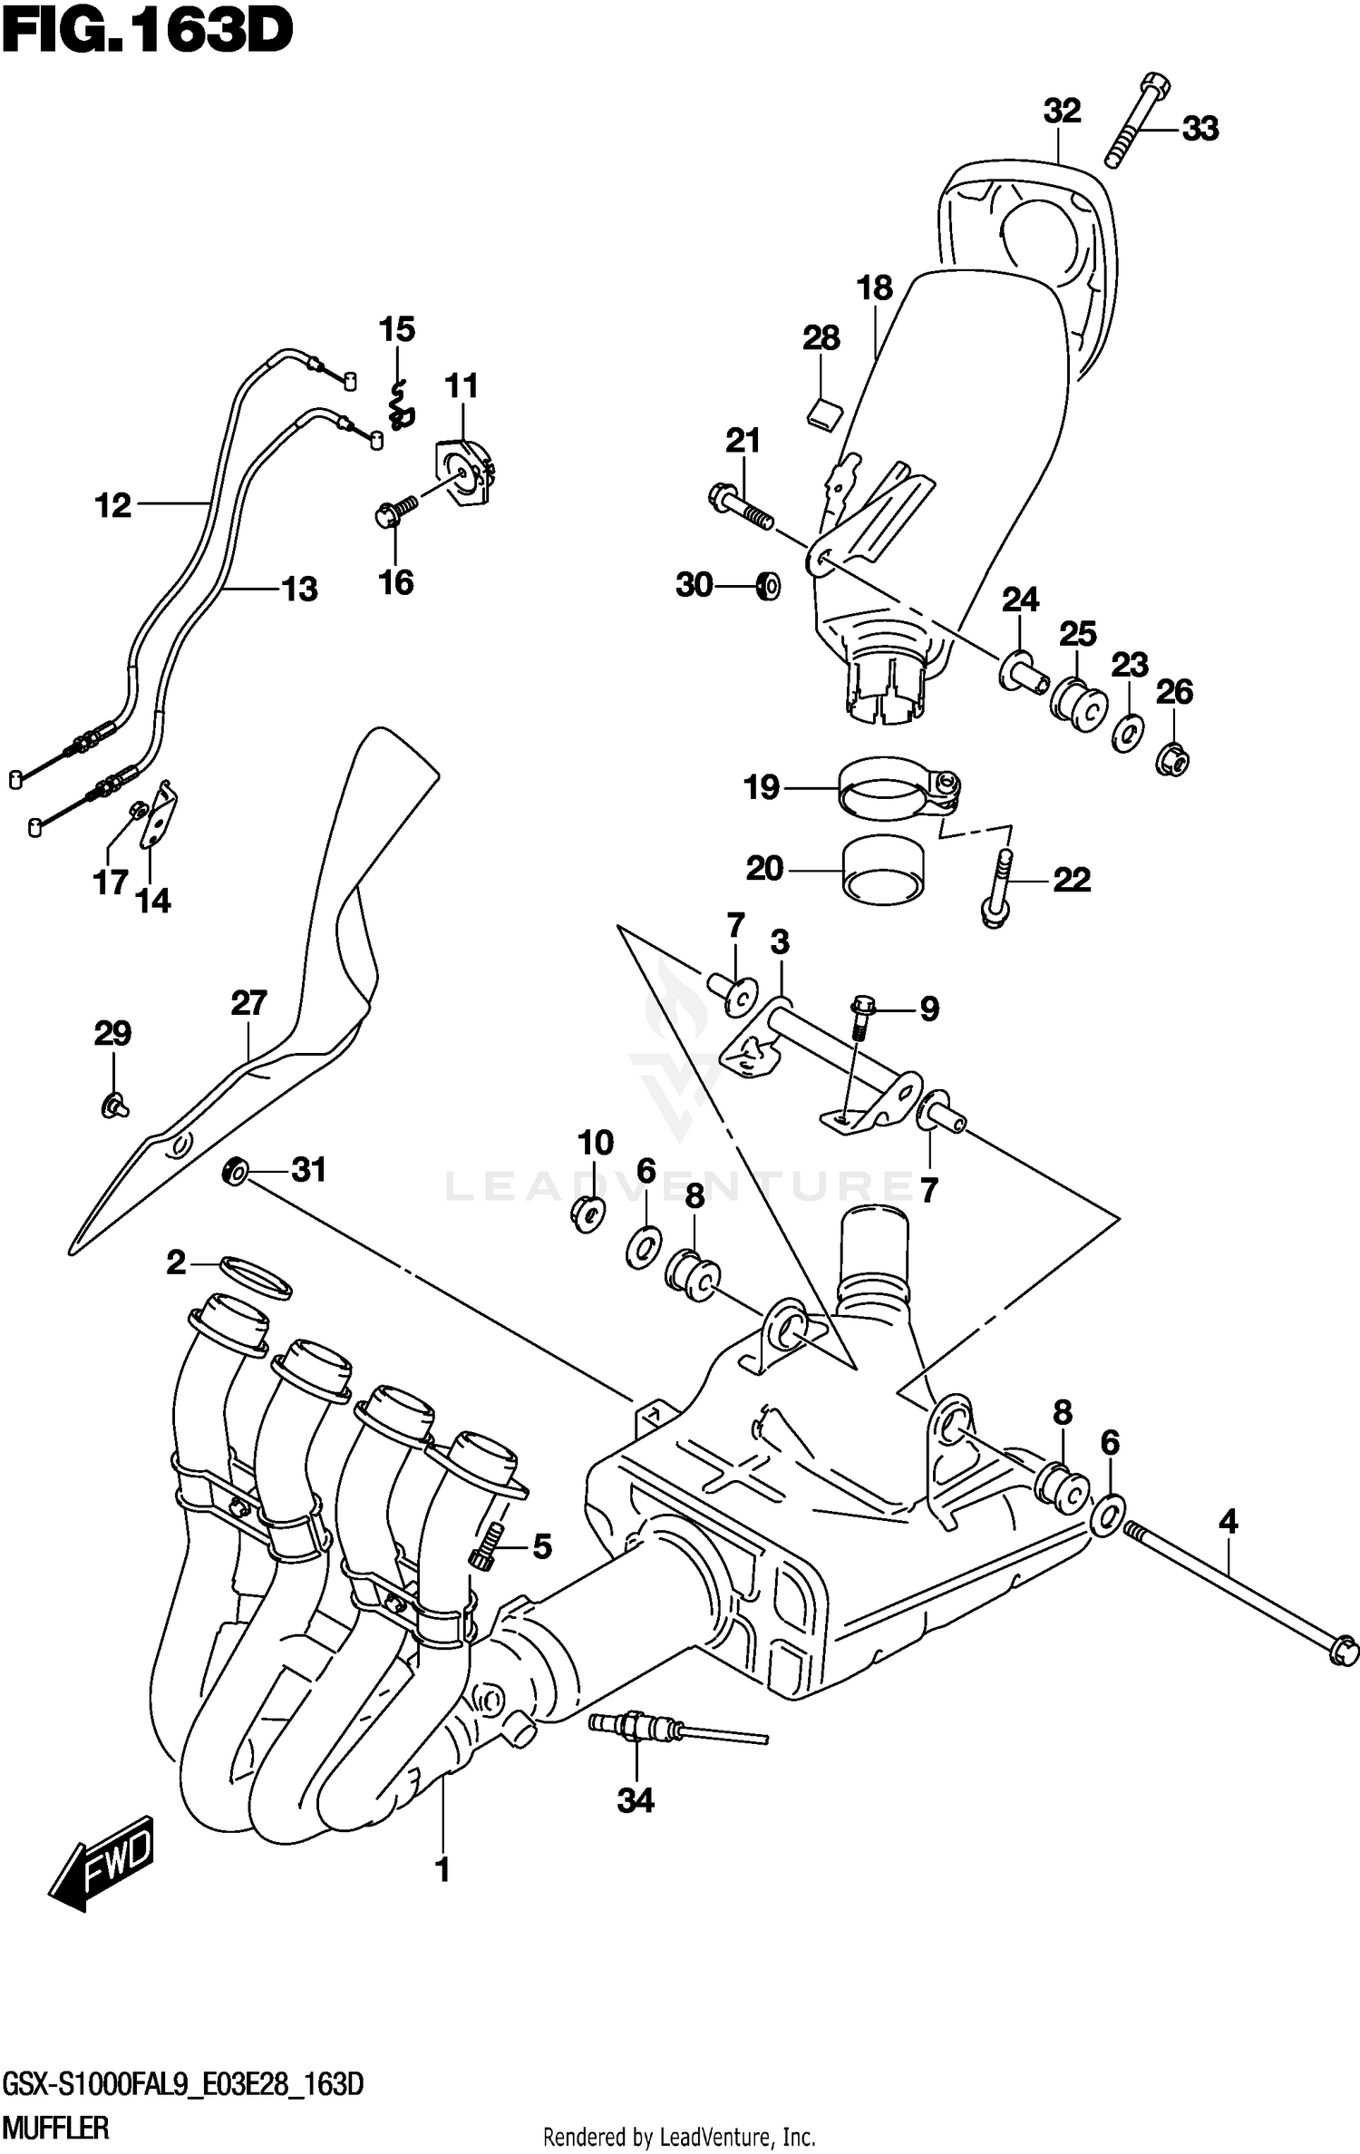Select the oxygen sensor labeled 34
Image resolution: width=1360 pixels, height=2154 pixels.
(x=635, y=1725)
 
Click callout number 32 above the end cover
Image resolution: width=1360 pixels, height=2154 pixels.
(x=1062, y=112)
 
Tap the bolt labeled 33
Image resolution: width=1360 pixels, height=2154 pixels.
(x=1137, y=122)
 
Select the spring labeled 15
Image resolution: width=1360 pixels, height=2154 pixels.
(x=399, y=405)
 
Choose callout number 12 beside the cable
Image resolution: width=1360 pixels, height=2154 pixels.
(x=113, y=505)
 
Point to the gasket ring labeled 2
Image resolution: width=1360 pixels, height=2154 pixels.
(x=255, y=1277)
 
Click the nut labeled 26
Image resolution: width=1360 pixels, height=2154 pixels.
(x=1172, y=758)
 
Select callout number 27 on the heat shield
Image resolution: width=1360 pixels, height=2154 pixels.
(x=248, y=1003)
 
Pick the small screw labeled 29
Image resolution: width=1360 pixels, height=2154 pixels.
(x=112, y=1106)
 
